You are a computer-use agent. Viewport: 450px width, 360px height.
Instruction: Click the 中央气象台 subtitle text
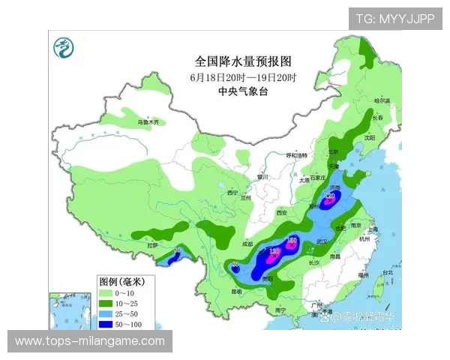pyautogui.click(x=242, y=91)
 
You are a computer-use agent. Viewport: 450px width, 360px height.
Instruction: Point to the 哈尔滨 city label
pyautogui.click(x=382, y=100)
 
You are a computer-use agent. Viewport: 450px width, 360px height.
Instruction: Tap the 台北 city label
pyautogui.click(x=388, y=272)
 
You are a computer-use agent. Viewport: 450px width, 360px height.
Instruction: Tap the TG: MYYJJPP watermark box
pyautogui.click(x=394, y=18)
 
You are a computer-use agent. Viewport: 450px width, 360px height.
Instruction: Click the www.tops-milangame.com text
pyautogui.click(x=90, y=341)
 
